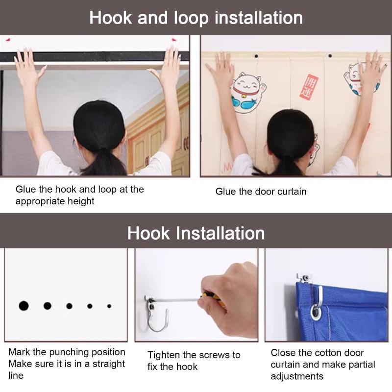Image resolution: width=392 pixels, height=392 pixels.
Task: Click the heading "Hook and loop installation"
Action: (x=196, y=18)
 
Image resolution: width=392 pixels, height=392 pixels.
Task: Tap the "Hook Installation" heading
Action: (x=196, y=233)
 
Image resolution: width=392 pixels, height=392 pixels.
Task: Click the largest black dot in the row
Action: (x=24, y=306)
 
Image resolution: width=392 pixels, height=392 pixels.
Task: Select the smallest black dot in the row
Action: (x=109, y=306)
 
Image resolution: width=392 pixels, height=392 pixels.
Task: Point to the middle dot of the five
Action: (x=69, y=306)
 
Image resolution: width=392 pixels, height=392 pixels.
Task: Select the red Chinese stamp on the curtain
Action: (x=309, y=87)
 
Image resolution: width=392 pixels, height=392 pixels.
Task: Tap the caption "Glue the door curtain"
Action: (x=261, y=192)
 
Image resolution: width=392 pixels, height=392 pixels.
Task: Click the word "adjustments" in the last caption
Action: (x=297, y=376)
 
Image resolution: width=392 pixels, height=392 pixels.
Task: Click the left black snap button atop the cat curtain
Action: (x=256, y=56)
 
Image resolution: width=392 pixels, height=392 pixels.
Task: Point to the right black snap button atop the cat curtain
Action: (x=330, y=56)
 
